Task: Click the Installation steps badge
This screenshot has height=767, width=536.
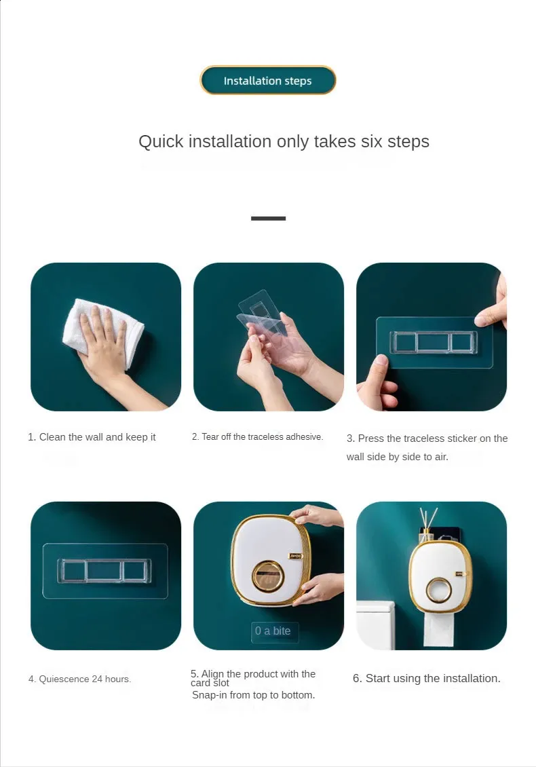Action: coord(268,80)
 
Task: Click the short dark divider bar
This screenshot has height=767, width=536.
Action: coord(269,218)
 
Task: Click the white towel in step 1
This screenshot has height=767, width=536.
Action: coord(104,333)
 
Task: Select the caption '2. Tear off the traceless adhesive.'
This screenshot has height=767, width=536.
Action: coord(257,437)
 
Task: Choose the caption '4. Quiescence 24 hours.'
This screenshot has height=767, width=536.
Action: coord(79,679)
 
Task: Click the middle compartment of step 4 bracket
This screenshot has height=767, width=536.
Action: coord(104,571)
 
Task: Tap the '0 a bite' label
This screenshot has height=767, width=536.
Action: coord(273,631)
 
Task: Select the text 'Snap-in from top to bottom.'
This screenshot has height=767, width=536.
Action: coord(253,695)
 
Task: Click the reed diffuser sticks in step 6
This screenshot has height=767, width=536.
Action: coord(429,519)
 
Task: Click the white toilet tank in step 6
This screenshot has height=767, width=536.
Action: coord(375,626)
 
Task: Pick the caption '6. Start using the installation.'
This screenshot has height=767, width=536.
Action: coord(427,679)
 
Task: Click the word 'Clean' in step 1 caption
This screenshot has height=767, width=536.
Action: coord(52,437)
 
